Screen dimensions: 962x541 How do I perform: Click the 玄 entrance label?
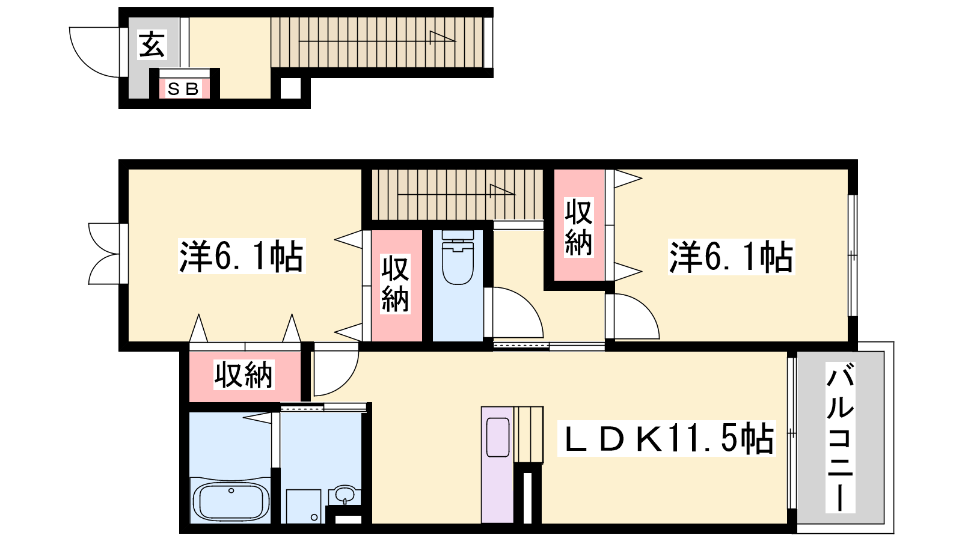[152, 44]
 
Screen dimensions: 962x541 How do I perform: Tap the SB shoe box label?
[183, 89]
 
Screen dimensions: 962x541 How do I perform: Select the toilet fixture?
[458, 257]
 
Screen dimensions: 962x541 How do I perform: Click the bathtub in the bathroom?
[231, 502]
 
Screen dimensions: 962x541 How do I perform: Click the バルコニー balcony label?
[839, 437]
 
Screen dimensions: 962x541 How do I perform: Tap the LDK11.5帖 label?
[666, 438]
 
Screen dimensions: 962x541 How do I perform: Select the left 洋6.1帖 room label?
[241, 256]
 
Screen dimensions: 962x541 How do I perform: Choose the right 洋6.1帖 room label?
[731, 257]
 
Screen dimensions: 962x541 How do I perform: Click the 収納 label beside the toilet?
[395, 284]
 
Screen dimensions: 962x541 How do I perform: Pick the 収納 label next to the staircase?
[578, 228]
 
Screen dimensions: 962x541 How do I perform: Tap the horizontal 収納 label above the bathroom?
[244, 375]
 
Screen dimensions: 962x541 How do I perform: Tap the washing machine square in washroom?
[304, 506]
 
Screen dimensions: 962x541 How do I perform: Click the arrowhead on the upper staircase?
[443, 37]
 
